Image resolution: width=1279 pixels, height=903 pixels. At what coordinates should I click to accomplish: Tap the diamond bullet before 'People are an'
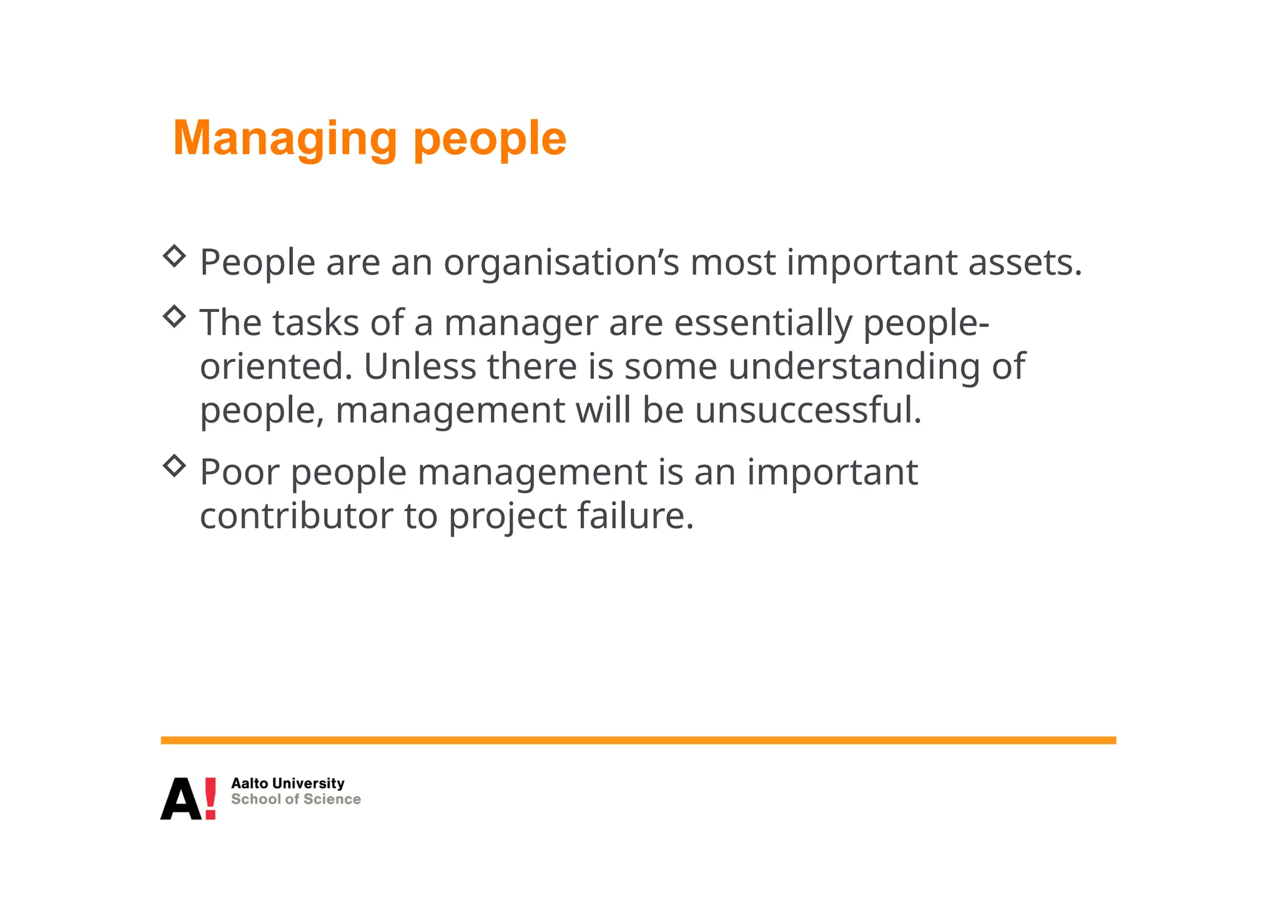click(x=174, y=256)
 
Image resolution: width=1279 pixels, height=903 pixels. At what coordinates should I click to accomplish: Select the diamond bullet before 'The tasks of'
click(x=174, y=316)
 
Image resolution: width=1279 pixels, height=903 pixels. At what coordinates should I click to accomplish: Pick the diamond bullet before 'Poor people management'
click(x=174, y=466)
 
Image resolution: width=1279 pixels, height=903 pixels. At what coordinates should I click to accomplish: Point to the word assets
click(x=1024, y=263)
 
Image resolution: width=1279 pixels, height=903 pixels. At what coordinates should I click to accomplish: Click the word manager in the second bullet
click(x=521, y=323)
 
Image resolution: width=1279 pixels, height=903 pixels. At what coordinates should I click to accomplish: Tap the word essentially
click(x=763, y=323)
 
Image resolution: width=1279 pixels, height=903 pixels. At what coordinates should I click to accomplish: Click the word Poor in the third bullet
click(x=239, y=472)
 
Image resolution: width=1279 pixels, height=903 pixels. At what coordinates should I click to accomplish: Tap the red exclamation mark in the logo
click(x=210, y=798)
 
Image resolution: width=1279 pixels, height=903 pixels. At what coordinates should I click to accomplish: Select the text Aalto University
click(x=287, y=783)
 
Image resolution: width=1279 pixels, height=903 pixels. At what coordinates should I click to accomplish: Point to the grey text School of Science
click(x=295, y=799)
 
